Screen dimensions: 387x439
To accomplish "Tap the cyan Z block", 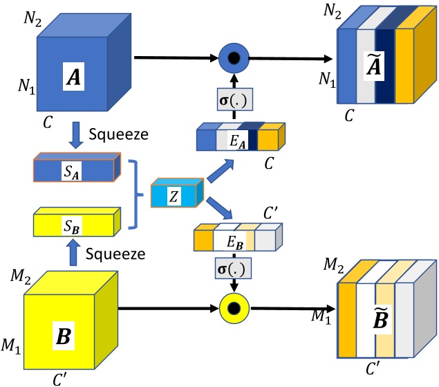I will pos(175,196).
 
